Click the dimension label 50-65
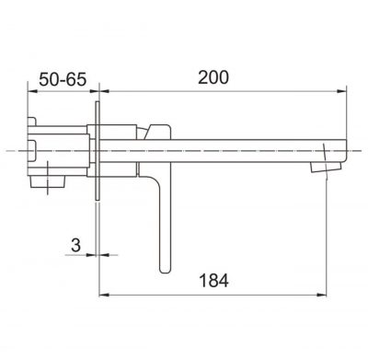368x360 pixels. click(x=63, y=80)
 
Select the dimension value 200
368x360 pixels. click(x=213, y=77)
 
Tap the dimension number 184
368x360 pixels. click(x=213, y=281)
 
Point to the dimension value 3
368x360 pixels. click(x=75, y=245)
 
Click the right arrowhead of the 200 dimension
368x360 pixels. click(x=341, y=91)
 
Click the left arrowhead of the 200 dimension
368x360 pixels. click(x=105, y=91)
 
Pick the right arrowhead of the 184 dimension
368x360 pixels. click(x=321, y=295)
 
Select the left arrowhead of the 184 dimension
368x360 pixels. click(x=104, y=295)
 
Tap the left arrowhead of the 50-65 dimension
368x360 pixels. click(x=32, y=91)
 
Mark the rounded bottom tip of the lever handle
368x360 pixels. click(x=165, y=271)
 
